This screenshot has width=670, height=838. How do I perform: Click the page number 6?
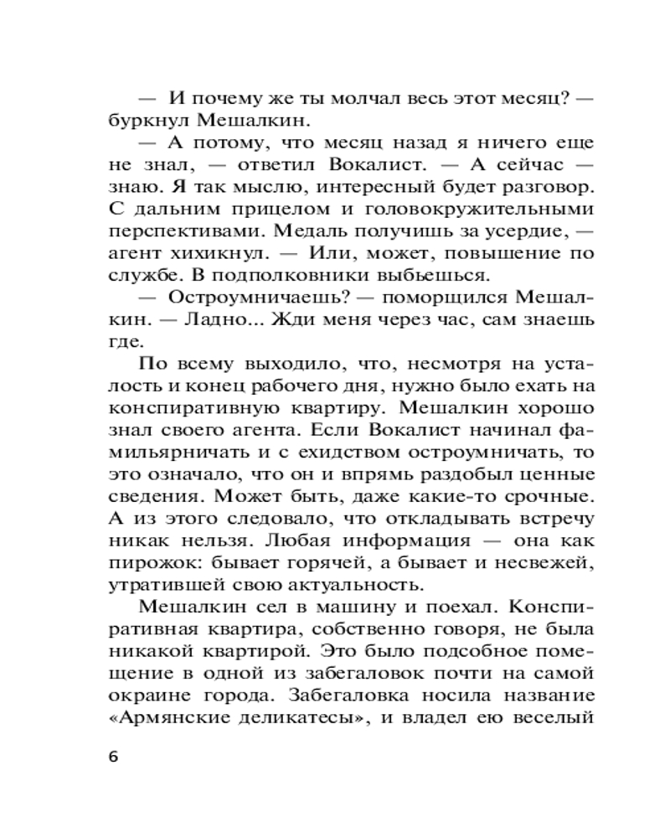(115, 756)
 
